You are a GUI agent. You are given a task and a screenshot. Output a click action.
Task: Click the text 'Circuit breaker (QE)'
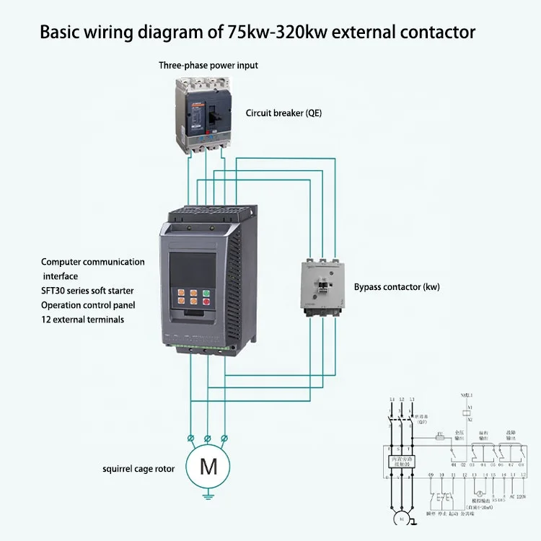coord(283,113)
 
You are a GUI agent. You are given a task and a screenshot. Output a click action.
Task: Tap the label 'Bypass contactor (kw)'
coord(397,286)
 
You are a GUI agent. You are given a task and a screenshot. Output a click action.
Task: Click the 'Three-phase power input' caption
coord(208,66)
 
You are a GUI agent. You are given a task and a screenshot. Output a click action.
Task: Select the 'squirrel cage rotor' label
coord(138,468)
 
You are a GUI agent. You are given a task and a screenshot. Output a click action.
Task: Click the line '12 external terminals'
coord(82,319)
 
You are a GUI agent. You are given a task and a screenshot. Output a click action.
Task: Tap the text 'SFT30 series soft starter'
coord(87,290)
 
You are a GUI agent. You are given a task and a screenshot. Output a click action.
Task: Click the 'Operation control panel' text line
coord(88,304)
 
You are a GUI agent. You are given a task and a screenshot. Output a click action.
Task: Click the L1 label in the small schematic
coord(392,399)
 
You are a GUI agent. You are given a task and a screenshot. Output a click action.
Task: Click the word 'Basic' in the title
coord(57,32)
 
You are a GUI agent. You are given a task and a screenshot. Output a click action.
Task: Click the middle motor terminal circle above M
coord(208,438)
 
